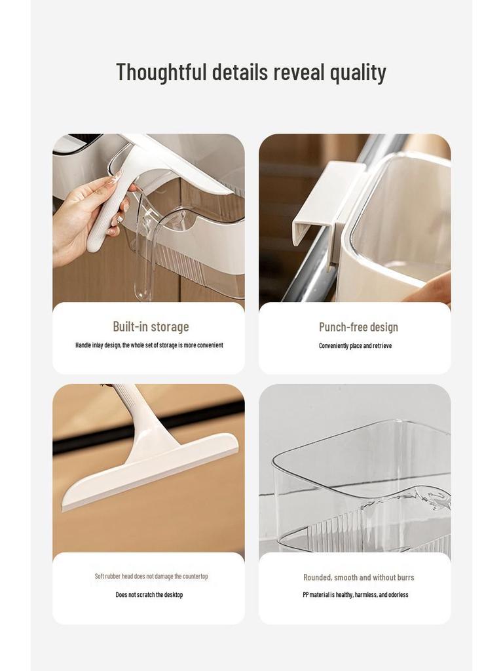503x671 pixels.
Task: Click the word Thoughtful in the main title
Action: (161, 72)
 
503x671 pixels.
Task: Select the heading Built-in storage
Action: (151, 326)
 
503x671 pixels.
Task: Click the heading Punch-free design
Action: (358, 327)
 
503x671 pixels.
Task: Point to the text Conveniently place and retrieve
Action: (355, 345)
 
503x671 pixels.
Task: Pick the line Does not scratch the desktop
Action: (149, 594)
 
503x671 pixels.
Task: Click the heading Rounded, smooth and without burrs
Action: (358, 577)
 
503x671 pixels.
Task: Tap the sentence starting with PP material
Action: (355, 594)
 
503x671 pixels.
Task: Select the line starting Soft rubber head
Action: (151, 576)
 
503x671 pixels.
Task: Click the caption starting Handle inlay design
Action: (149, 345)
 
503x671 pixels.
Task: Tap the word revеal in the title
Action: (299, 72)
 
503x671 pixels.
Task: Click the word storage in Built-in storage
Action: (170, 326)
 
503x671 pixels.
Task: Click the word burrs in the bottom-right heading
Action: (403, 577)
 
